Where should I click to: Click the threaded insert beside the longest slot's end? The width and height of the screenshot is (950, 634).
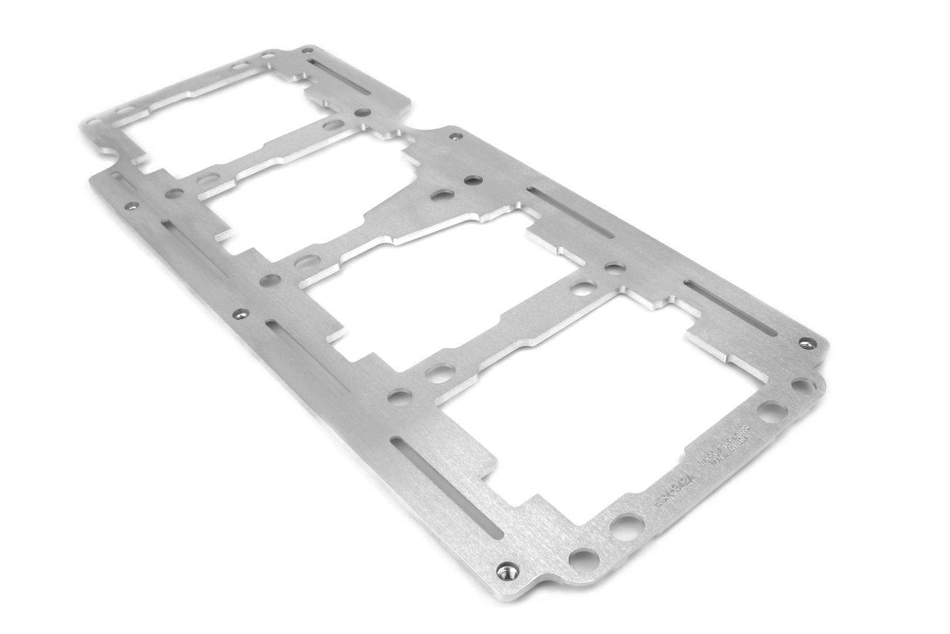point(506,569)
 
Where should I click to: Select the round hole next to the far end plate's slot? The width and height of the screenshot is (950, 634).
point(362,112)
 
